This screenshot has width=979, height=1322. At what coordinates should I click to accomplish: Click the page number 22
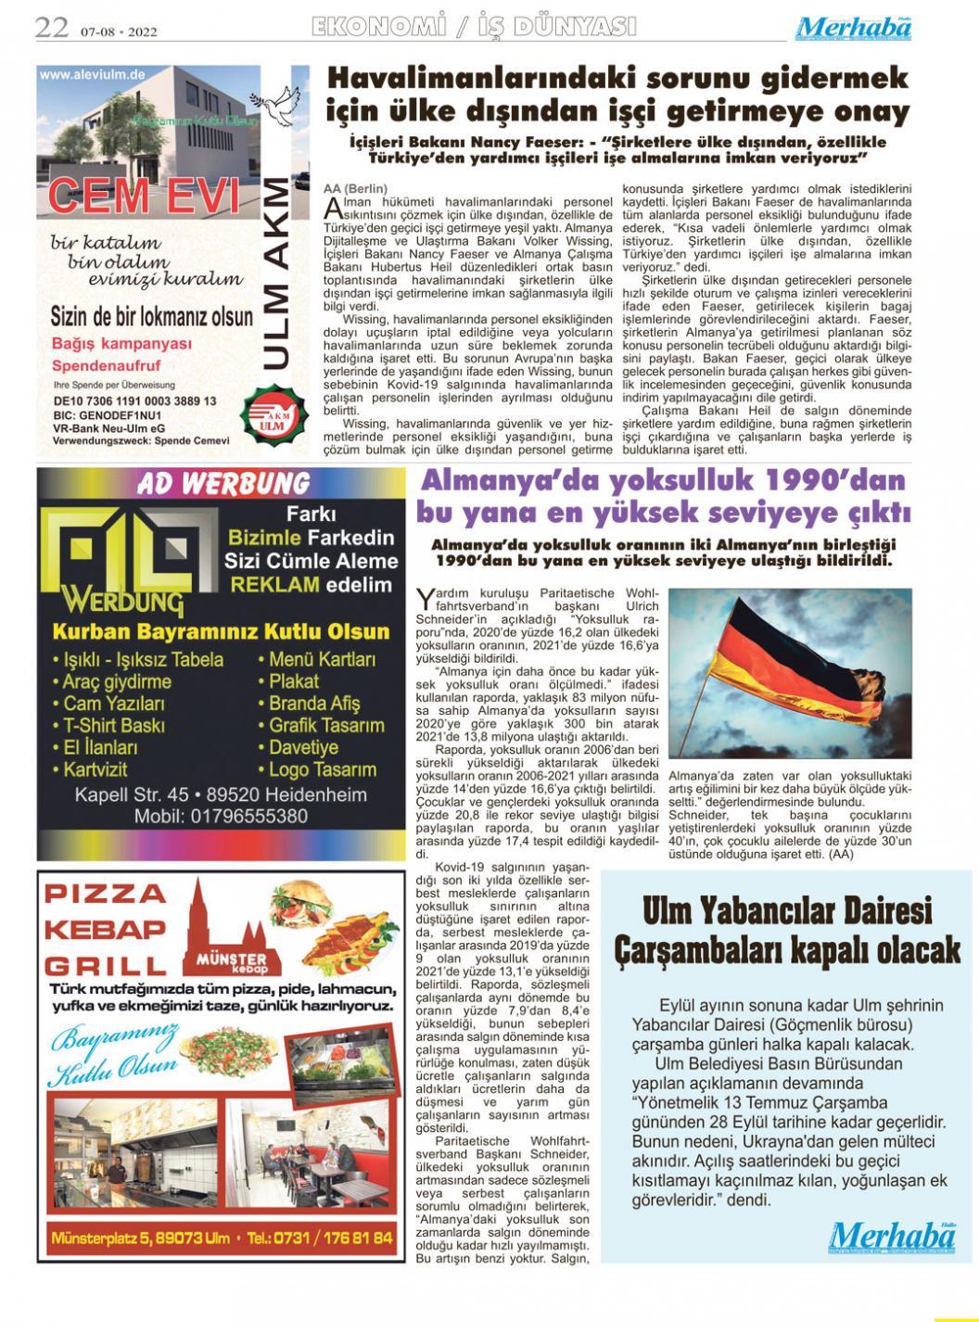[51, 29]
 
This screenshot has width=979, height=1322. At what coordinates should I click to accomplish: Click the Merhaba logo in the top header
[854, 28]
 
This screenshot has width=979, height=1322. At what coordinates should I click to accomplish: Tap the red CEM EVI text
[144, 196]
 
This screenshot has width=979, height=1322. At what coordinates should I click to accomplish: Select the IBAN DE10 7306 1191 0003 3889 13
[134, 400]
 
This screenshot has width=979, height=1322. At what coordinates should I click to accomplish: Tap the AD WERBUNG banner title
[222, 484]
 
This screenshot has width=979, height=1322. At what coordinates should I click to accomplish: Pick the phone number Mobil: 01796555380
[221, 817]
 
